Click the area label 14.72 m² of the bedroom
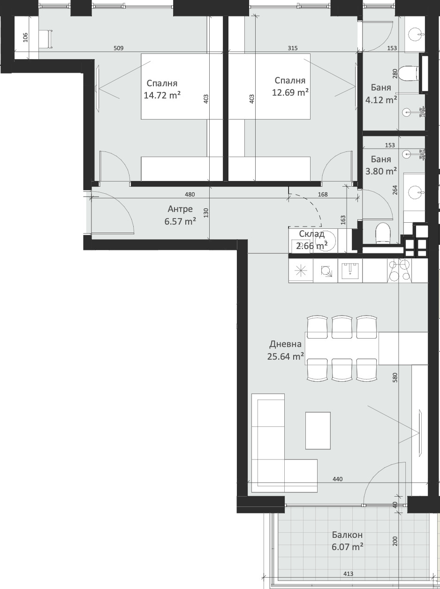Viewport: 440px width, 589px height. [162, 96]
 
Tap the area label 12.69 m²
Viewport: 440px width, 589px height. [290, 92]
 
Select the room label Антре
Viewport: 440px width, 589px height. [180, 209]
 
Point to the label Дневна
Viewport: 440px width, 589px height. [285, 344]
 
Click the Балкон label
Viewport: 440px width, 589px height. [347, 535]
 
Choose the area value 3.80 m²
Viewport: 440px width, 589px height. [381, 171]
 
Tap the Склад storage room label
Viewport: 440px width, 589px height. [311, 234]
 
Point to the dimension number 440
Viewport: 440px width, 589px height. [338, 479]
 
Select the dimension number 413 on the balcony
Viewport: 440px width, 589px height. [348, 574]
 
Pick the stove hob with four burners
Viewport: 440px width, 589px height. [399, 271]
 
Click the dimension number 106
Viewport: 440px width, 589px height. [25, 38]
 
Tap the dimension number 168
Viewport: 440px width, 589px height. [323, 195]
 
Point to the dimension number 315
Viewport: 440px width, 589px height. [293, 48]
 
